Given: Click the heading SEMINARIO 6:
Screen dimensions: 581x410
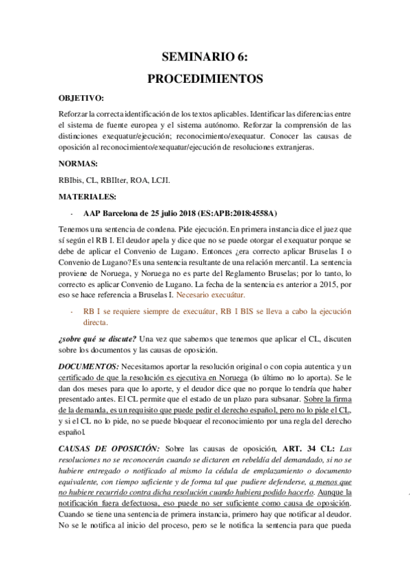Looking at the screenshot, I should click(x=205, y=58).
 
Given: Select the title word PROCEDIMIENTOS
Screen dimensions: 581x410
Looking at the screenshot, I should click(x=205, y=79).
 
